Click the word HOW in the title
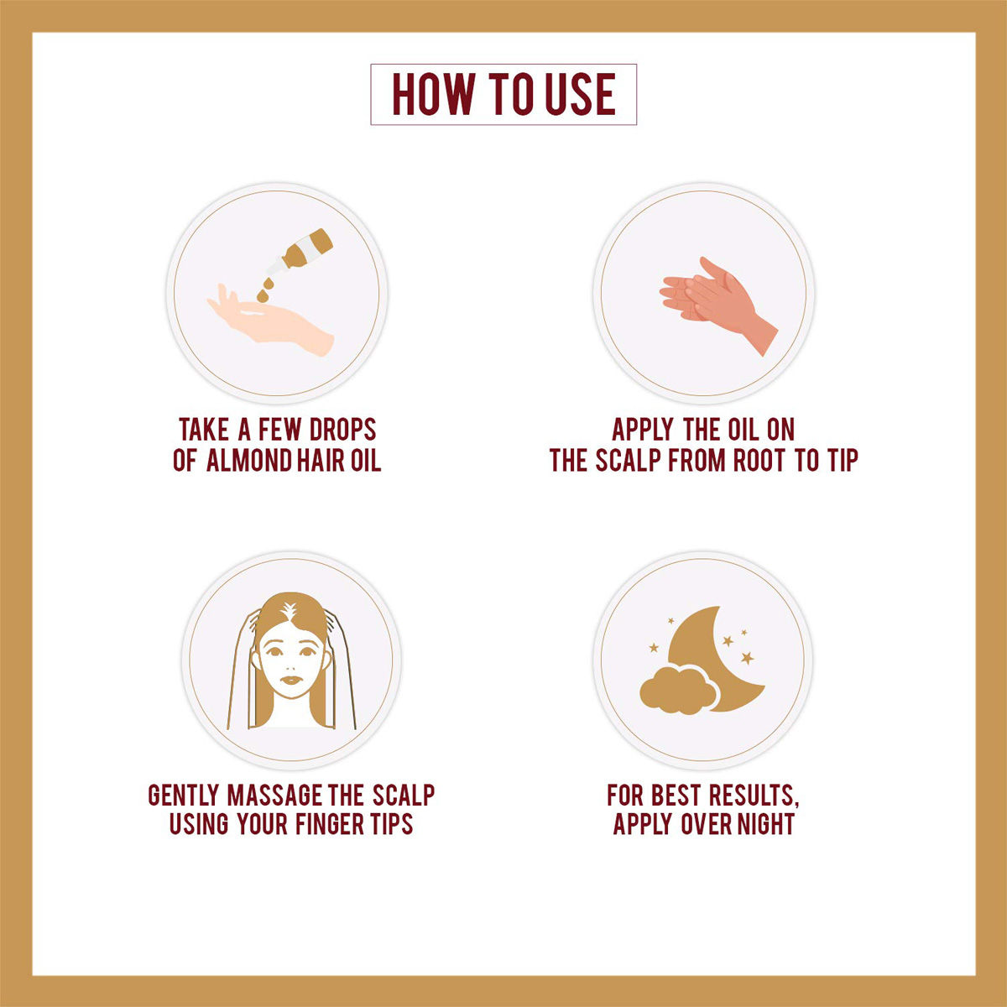click(x=433, y=94)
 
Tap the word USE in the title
click(x=581, y=94)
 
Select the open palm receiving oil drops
click(x=270, y=321)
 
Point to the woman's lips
click(x=290, y=681)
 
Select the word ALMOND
click(x=248, y=461)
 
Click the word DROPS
click(x=343, y=430)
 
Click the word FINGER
click(x=329, y=824)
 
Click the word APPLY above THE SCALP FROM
click(x=642, y=430)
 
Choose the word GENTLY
click(x=184, y=795)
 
